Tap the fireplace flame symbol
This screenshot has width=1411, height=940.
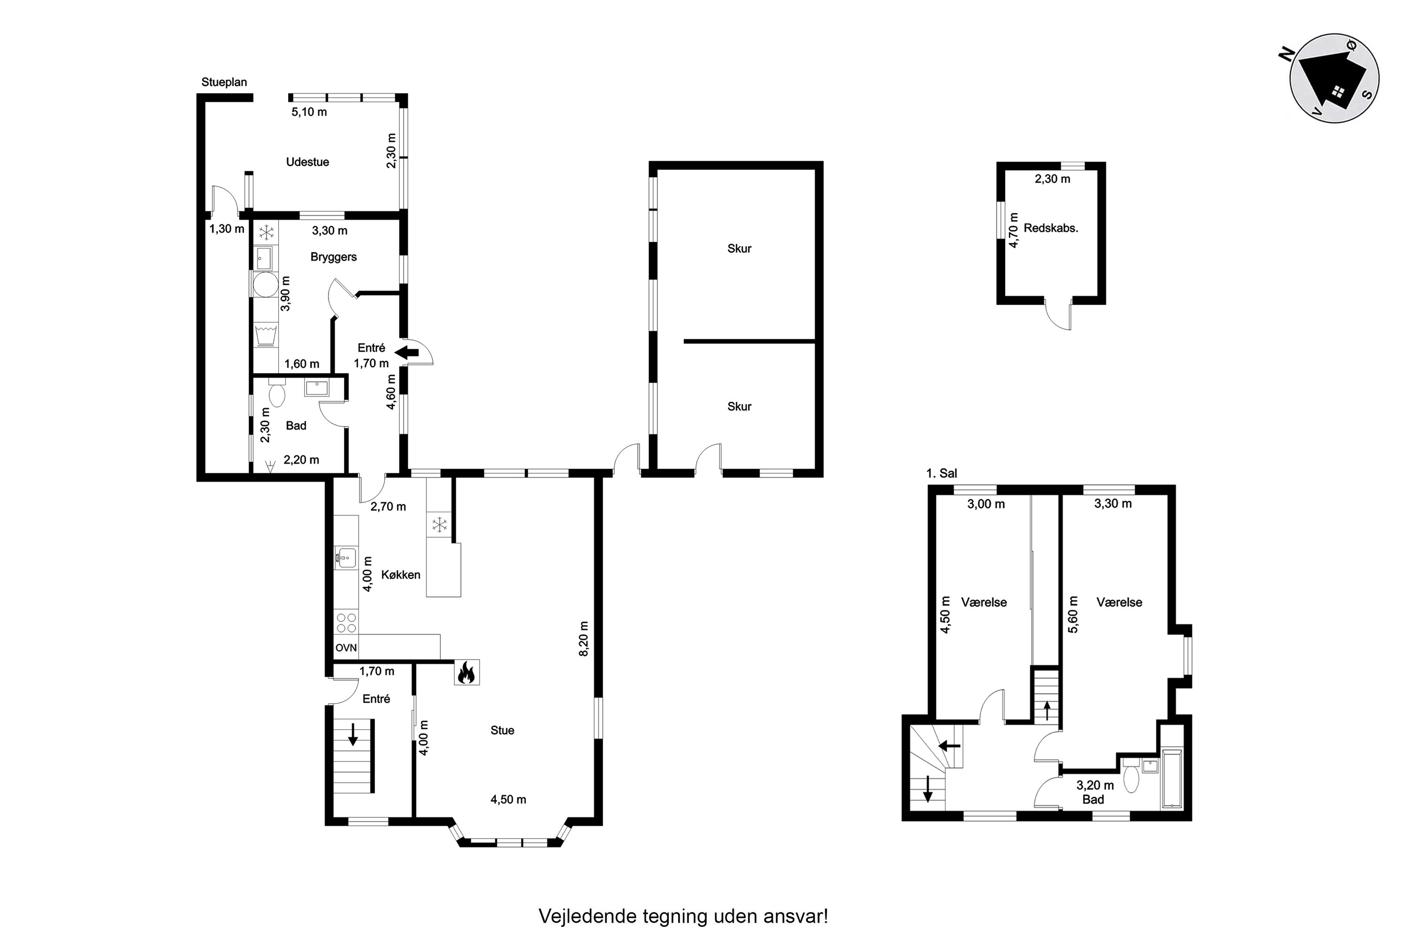click(x=466, y=672)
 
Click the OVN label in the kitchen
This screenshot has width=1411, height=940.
click(x=346, y=648)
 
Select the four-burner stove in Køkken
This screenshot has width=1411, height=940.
click(x=346, y=622)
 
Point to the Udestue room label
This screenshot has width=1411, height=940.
click(x=307, y=162)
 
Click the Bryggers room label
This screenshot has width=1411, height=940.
click(x=333, y=257)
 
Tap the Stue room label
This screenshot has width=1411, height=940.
click(x=502, y=730)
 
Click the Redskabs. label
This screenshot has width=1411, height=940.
click(x=1051, y=228)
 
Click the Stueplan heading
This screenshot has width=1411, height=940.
click(x=224, y=82)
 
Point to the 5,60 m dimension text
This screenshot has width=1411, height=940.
click(x=1073, y=614)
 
